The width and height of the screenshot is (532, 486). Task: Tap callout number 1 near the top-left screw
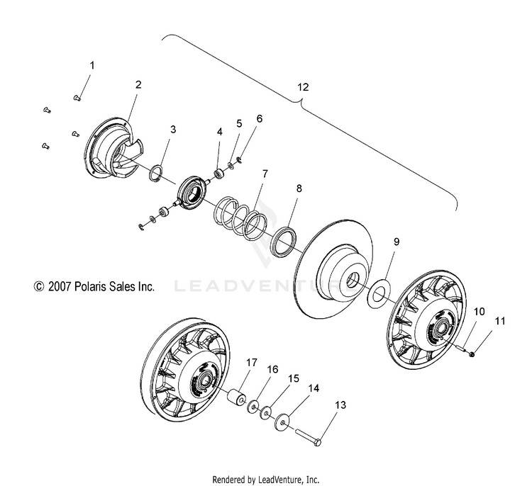coord(91,65)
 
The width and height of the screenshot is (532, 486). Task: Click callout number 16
coord(272,369)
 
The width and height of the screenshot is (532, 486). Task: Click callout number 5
coord(238,123)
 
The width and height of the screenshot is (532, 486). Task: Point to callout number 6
coord(259,118)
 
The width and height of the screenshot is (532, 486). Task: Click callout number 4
coord(220,132)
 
